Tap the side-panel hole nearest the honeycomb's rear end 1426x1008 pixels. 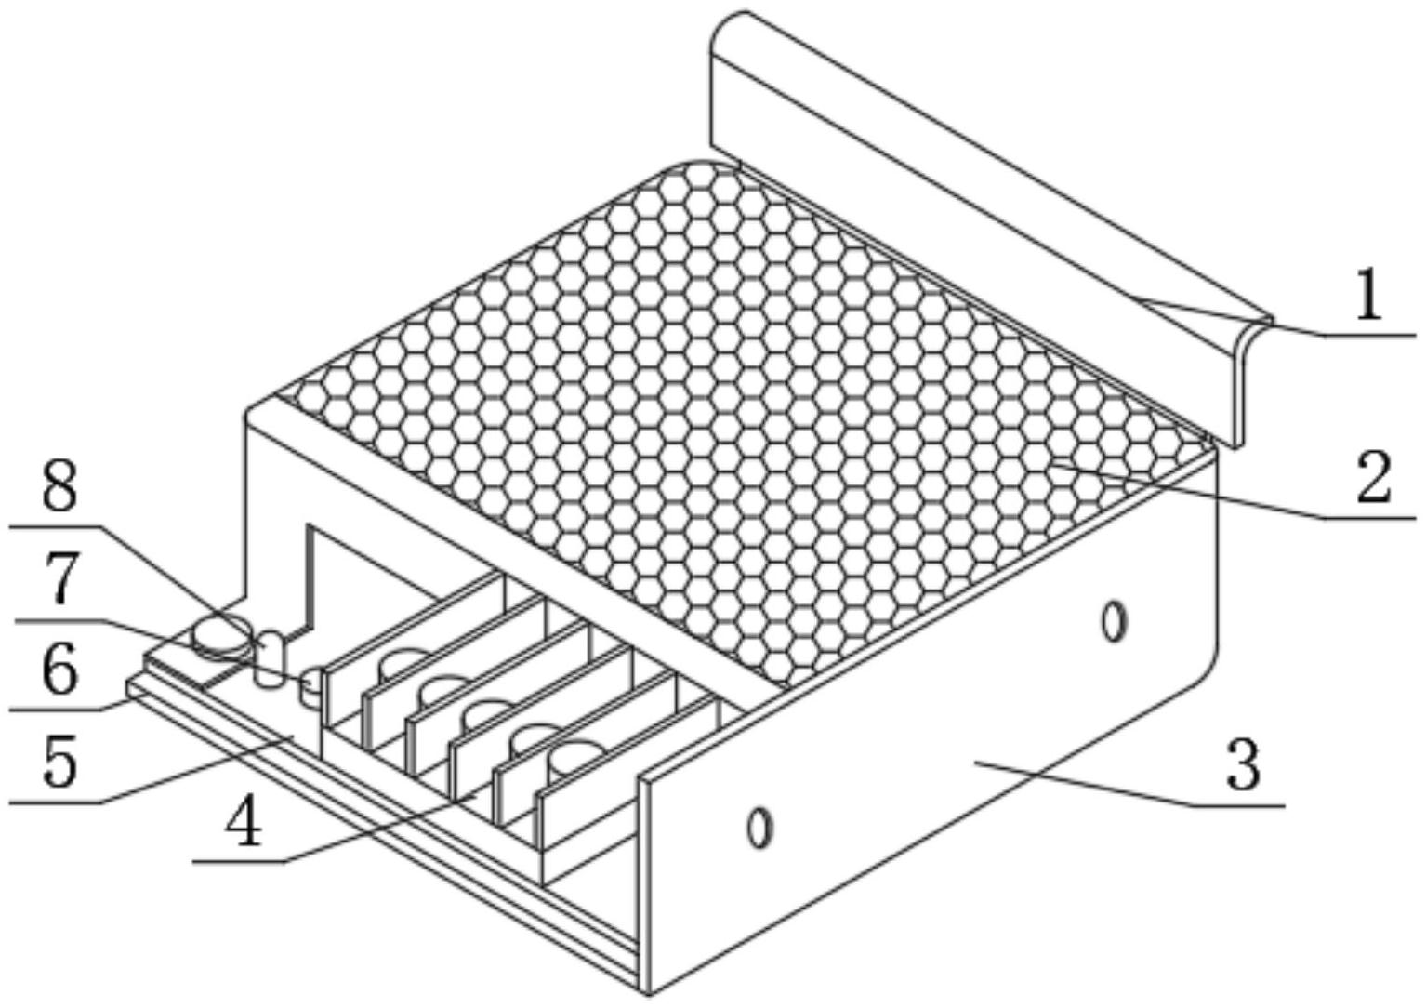1114,622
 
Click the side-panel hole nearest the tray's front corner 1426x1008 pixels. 759,829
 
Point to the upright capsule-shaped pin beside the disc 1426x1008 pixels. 270,659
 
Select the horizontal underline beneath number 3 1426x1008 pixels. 1237,806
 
